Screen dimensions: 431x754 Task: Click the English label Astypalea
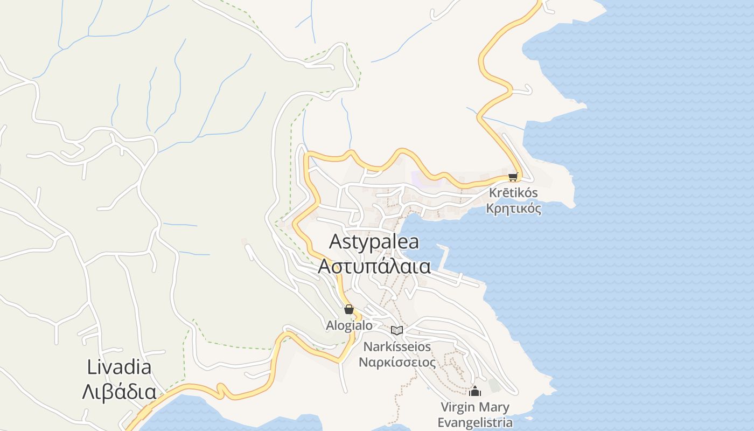(374, 242)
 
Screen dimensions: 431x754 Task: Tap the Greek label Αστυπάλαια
(374, 266)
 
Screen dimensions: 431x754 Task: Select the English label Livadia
(119, 367)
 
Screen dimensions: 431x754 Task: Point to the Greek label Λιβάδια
(119, 392)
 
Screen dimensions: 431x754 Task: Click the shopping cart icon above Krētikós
(513, 177)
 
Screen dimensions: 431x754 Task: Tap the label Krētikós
(513, 193)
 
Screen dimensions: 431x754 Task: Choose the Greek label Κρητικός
(513, 208)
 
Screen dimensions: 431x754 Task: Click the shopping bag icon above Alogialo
(349, 309)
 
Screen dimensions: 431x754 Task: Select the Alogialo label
(349, 325)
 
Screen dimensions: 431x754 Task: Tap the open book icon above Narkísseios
(397, 330)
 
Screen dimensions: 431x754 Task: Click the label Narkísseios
(397, 346)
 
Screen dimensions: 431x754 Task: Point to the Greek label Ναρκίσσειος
(397, 362)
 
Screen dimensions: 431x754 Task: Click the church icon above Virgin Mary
(474, 391)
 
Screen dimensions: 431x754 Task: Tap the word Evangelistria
(474, 422)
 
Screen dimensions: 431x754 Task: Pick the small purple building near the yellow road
(418, 177)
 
